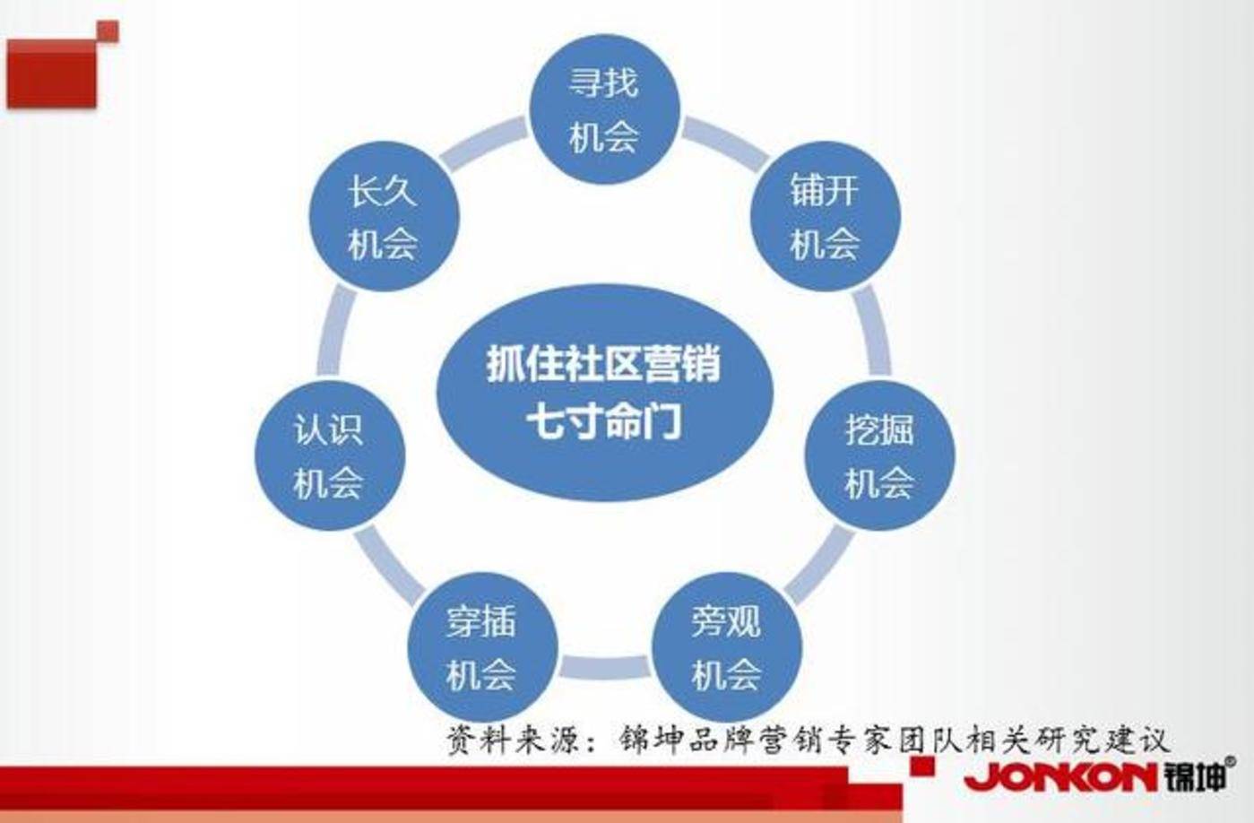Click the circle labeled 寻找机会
(x=603, y=109)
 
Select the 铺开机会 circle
(x=824, y=216)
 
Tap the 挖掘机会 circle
(x=878, y=455)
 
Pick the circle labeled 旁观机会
(x=725, y=647)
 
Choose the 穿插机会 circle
(x=481, y=647)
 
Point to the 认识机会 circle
(x=328, y=455)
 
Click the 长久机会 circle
(x=383, y=216)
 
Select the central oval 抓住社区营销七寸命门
(x=603, y=393)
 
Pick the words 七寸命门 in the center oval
(x=603, y=420)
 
